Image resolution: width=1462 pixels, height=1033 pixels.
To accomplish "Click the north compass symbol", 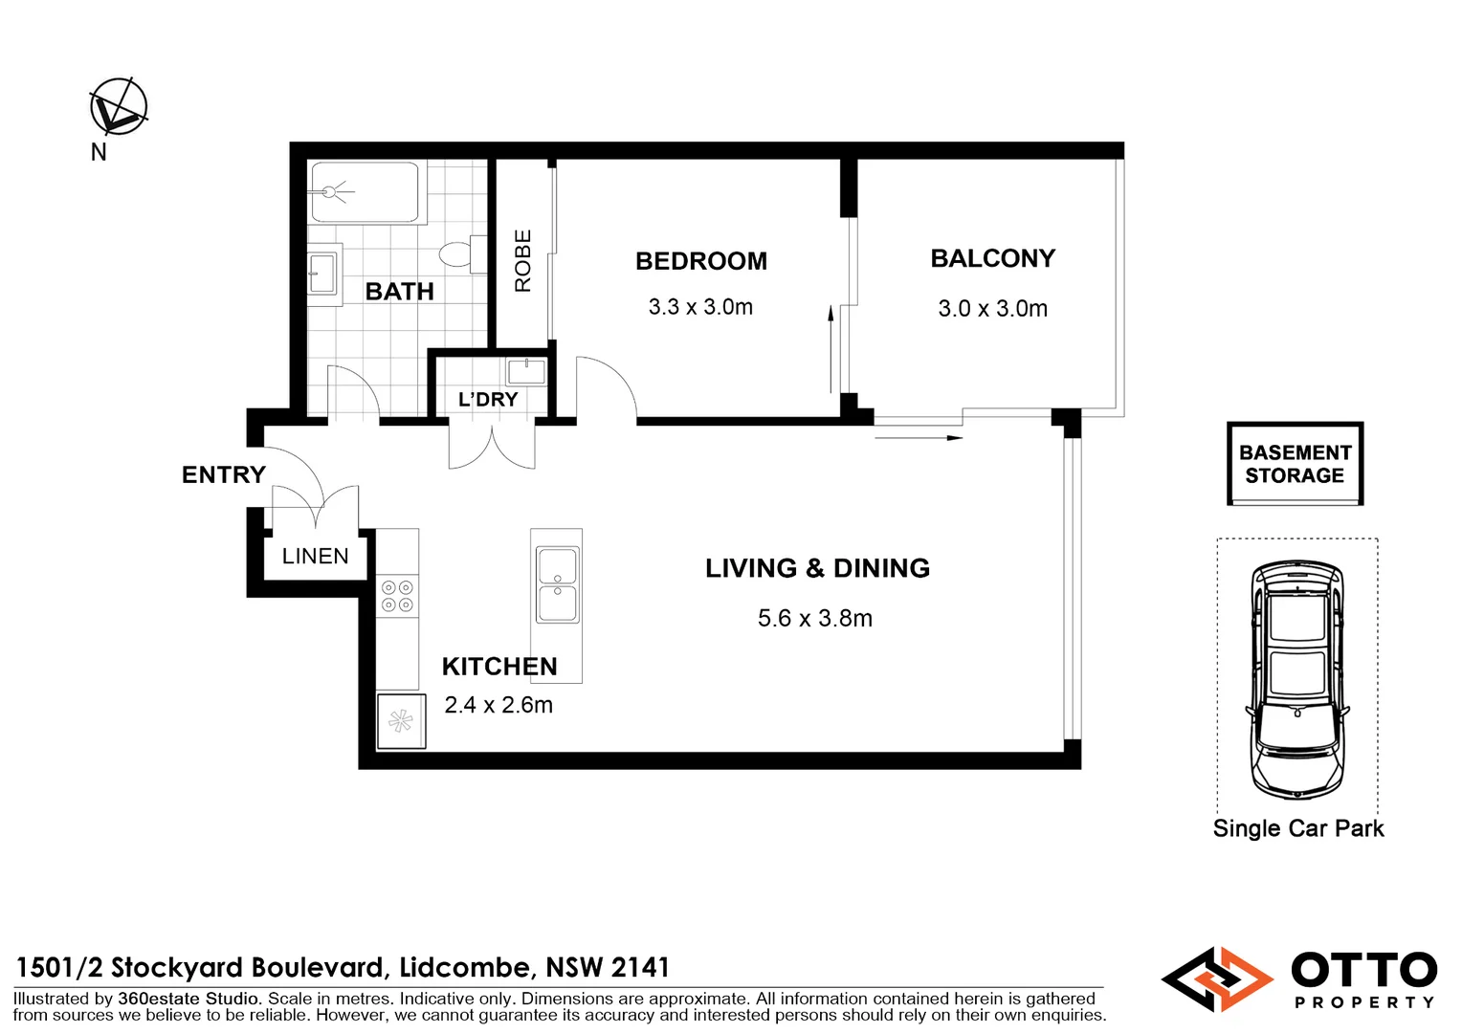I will point(119,107).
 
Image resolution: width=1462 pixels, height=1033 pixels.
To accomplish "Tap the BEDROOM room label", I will point(700,261).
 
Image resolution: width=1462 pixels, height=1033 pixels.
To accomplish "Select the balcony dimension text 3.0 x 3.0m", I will point(992,309).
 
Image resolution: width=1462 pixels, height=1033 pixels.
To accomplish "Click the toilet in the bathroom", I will point(458,254).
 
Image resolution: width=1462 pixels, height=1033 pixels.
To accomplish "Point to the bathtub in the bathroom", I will point(365,191).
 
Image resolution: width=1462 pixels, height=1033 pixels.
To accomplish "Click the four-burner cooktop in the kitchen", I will point(397,595).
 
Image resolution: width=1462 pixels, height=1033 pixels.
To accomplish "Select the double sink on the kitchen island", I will point(557,583).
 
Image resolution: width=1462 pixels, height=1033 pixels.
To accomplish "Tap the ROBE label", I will point(522,260).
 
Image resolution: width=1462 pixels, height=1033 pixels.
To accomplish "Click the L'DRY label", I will point(488,400).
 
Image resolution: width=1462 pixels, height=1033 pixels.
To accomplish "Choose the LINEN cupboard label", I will point(315,556).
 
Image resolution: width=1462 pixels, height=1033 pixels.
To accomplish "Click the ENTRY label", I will point(223,474).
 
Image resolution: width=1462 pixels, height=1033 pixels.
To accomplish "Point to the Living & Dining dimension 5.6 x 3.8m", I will point(814,619).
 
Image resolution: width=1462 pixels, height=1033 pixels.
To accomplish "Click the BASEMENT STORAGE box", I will point(1295,464).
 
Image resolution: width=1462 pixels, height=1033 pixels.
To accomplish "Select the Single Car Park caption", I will point(1297,828).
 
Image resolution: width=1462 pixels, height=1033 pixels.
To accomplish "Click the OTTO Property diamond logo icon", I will point(1217,978).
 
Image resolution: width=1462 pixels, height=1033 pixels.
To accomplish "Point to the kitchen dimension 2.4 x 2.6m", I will point(498,705).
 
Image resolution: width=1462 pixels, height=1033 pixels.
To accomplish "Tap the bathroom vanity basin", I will point(322,273).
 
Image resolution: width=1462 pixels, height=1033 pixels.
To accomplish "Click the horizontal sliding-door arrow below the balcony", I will point(918,438).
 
